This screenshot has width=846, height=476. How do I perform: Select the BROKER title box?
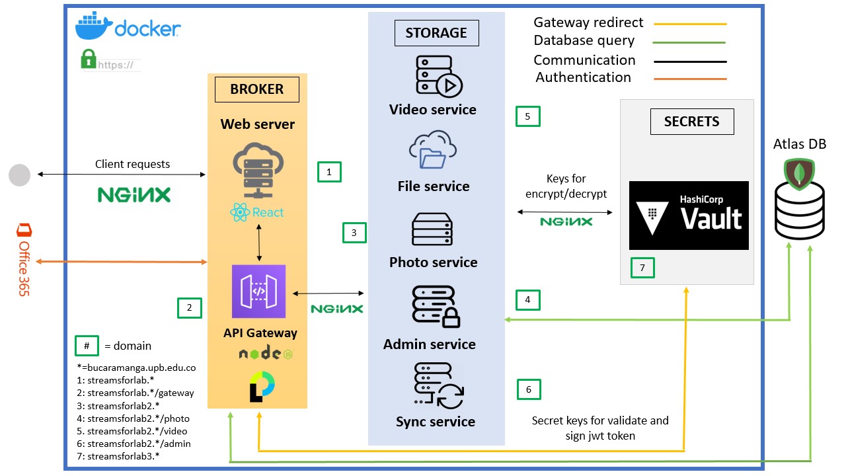pyautogui.click(x=256, y=89)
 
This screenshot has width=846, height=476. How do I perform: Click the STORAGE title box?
pyautogui.click(x=436, y=32)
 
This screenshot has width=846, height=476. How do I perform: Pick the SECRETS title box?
pyautogui.click(x=691, y=121)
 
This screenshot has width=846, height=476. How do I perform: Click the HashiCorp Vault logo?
pyautogui.click(x=689, y=216)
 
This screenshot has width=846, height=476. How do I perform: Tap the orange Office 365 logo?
pyautogui.click(x=23, y=259)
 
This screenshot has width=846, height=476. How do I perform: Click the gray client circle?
pyautogui.click(x=19, y=175)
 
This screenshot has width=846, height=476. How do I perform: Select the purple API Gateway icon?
pyautogui.click(x=258, y=292)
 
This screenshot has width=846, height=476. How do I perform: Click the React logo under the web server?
pyautogui.click(x=257, y=212)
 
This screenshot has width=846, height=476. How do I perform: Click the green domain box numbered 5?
pyautogui.click(x=527, y=116)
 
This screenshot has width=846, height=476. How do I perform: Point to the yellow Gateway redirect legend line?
pyautogui.click(x=690, y=24)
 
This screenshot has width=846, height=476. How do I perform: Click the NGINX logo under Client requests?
pyautogui.click(x=134, y=194)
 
